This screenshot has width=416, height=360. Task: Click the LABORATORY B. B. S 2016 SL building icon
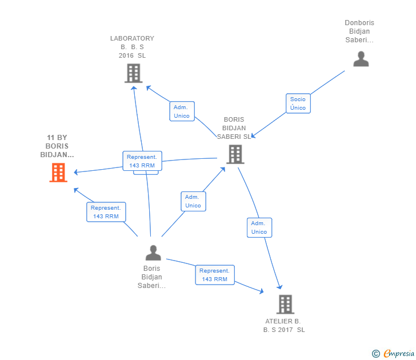[x=133, y=73]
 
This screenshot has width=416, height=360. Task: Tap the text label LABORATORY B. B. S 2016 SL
[x=132, y=47]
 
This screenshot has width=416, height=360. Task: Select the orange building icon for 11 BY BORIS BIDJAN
[x=58, y=173]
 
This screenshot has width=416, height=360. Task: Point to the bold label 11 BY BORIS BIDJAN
[x=57, y=146]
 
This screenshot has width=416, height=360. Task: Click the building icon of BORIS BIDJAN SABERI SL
[x=235, y=154]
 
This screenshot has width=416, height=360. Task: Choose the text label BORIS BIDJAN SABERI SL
[x=234, y=129]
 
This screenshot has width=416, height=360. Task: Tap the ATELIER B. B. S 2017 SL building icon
[x=285, y=305]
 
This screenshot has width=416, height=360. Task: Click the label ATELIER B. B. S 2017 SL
[x=284, y=326]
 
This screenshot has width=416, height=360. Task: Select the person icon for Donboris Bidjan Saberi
[x=361, y=59]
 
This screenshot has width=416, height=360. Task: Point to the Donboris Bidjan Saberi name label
[x=359, y=31]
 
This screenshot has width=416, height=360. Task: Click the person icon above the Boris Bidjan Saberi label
[x=153, y=253]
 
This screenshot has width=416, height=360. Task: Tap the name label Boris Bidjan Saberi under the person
[x=152, y=277]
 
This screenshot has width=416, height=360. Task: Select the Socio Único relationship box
[x=298, y=103]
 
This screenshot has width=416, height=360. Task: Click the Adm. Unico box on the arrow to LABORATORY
[x=182, y=111]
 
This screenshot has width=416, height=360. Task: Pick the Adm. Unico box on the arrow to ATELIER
[x=259, y=227]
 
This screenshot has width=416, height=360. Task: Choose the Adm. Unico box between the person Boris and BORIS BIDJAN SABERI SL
[x=193, y=201]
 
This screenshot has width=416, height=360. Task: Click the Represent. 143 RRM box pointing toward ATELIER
[x=214, y=275]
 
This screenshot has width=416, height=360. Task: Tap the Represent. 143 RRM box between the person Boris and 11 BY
[x=106, y=212]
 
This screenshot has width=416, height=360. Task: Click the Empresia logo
[x=399, y=354]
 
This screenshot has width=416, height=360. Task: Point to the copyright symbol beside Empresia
[x=375, y=354]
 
